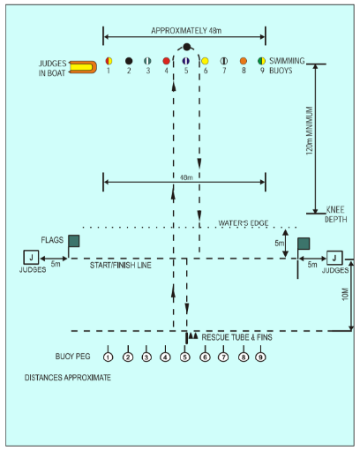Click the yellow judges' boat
(83, 67)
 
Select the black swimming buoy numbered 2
(129, 61)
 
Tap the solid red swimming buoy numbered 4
(166, 61)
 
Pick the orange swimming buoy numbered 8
(244, 61)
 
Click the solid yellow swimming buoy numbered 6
(205, 61)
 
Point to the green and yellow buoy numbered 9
(261, 61)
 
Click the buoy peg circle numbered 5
(184, 357)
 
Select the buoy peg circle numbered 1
(109, 357)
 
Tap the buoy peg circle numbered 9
(260, 357)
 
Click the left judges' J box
(31, 258)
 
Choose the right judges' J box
(334, 258)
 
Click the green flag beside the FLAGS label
(74, 241)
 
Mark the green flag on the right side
(304, 244)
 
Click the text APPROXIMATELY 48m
(186, 31)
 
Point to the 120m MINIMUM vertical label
(309, 131)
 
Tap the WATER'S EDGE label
(244, 223)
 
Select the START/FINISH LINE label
(121, 266)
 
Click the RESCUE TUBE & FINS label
(236, 337)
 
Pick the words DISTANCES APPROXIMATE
(68, 378)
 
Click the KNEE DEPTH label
(336, 214)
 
